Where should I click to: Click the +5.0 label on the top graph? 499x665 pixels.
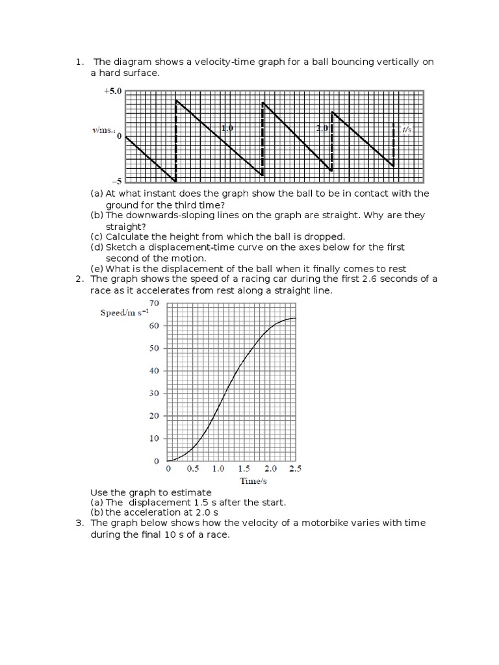point(112,92)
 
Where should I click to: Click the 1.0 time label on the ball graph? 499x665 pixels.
point(227,129)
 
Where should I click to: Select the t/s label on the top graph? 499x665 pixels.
point(407,129)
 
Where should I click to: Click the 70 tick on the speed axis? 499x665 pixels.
point(154,303)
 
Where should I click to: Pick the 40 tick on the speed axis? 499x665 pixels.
point(154,371)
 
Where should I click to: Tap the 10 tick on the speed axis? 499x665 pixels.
point(154,438)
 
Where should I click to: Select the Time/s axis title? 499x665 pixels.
point(253,481)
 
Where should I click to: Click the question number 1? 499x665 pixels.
point(80,62)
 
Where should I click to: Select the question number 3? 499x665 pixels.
point(80,523)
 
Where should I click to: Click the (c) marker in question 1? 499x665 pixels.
point(97,236)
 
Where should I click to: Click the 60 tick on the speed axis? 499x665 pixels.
point(154,326)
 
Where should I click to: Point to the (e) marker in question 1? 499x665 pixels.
point(97,269)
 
